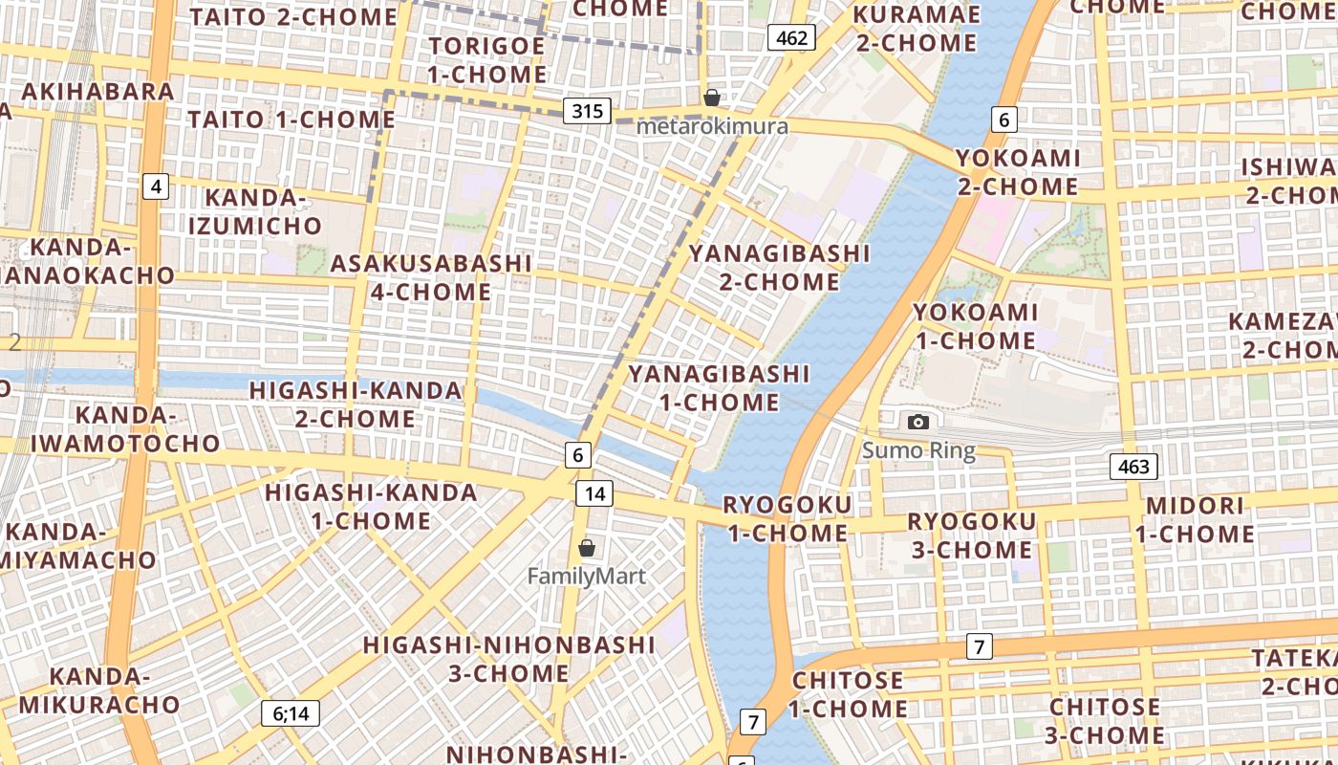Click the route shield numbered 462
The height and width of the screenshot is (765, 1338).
coord(792,38)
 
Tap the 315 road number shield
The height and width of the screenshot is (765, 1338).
coord(587,111)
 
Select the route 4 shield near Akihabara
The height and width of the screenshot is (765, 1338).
coord(156,186)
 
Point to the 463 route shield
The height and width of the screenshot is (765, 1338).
coord(1133,467)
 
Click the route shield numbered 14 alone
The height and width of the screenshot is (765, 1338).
coord(594,493)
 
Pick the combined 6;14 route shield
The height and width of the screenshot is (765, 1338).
coord(291,712)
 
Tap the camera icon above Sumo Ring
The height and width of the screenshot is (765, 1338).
coord(918,422)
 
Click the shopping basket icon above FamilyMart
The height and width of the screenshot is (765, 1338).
coord(587,548)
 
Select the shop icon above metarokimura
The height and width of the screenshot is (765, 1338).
coord(711,98)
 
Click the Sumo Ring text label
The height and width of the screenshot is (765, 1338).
coord(918,450)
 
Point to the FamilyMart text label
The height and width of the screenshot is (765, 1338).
coord(587,577)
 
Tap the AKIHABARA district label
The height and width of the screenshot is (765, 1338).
coord(97,92)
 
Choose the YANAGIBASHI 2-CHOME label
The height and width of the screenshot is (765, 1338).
coord(780,268)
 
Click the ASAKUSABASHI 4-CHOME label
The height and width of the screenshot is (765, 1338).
coord(431,277)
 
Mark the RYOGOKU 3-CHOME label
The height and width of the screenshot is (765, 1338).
coord(971,535)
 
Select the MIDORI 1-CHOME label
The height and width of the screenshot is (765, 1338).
coord(1196,519)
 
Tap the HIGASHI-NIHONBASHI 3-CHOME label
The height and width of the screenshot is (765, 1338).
coord(509,659)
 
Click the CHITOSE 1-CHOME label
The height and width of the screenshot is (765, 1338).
coord(848,694)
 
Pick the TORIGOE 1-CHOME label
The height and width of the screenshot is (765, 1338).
coord(487,59)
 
